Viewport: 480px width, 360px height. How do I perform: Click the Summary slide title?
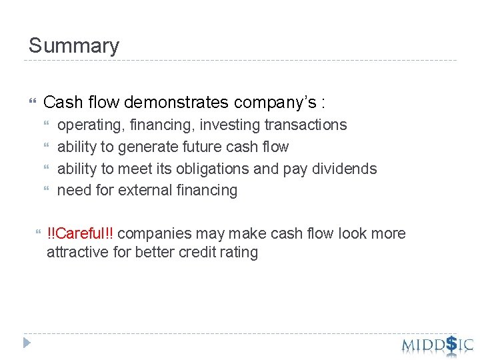tap(74, 46)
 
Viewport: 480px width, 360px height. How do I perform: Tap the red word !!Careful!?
tap(80, 233)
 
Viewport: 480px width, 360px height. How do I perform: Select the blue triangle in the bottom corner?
tap(27, 343)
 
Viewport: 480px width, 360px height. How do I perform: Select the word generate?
tap(129, 147)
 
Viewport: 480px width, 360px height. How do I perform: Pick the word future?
tap(182, 147)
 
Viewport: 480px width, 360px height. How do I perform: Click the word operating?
tap(86, 125)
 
